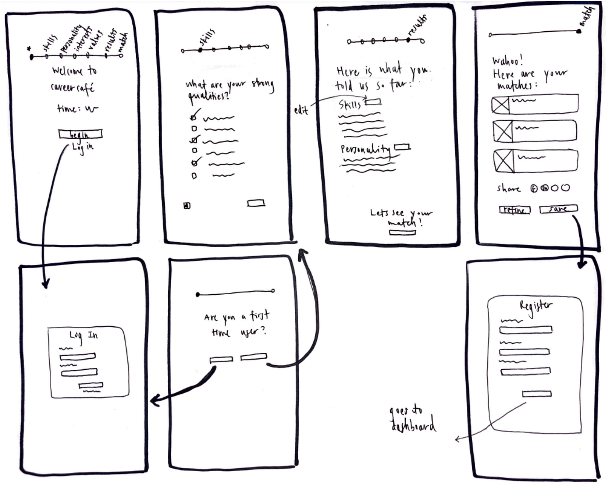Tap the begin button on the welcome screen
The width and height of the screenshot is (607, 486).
point(80,134)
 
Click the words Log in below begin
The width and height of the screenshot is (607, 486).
point(82,147)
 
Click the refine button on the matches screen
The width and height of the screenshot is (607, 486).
point(515,210)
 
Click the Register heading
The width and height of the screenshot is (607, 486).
point(536,305)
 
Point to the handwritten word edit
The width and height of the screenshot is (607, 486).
point(301,110)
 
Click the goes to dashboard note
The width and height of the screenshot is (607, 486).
point(412,419)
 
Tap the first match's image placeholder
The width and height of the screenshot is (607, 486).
point(500,105)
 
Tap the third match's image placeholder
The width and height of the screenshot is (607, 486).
point(503,161)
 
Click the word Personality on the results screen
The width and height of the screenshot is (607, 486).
point(365,150)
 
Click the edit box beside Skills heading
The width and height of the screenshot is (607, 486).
point(373,102)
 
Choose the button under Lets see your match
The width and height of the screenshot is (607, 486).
point(402,233)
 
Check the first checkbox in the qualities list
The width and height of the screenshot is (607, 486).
point(194,117)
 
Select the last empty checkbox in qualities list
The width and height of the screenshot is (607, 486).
point(194,176)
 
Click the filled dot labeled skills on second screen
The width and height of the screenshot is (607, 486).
point(200,50)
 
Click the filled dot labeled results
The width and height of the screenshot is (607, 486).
point(408,40)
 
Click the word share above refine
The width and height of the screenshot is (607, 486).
point(509,189)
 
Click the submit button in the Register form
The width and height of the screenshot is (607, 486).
point(537,394)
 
